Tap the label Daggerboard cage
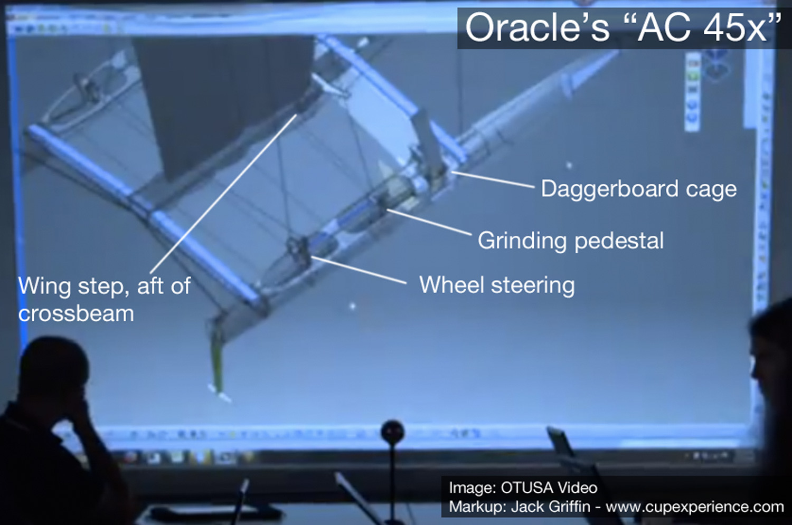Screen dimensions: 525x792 (638, 189)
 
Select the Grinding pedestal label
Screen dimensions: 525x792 (570, 241)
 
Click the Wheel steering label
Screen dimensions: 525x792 (496, 285)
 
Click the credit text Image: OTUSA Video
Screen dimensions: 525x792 (523, 488)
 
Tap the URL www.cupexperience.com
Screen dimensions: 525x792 (694, 507)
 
